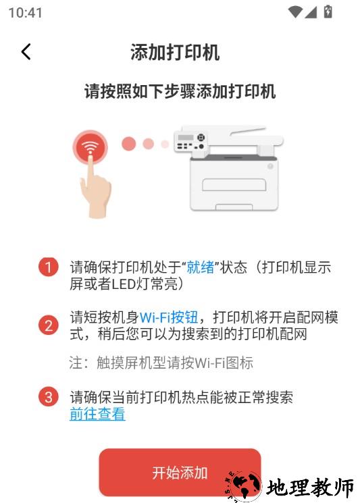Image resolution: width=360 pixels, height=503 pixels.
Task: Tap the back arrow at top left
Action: pyautogui.click(x=26, y=51)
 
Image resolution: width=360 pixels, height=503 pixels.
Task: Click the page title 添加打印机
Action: pyautogui.click(x=175, y=52)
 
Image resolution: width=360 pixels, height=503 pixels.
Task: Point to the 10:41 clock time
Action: pyautogui.click(x=26, y=13)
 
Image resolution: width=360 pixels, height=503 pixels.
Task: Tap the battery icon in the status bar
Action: pyautogui.click(x=328, y=11)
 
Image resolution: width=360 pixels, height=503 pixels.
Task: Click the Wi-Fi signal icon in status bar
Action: pyautogui.click(x=295, y=12)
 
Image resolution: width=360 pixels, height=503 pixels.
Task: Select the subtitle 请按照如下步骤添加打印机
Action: pyautogui.click(x=180, y=91)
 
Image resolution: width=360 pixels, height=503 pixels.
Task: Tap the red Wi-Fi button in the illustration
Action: pyautogui.click(x=90, y=147)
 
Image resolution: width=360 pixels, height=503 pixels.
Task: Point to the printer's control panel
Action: pyautogui.click(x=190, y=142)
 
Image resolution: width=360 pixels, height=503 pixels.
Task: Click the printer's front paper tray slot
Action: pyautogui.click(x=234, y=185)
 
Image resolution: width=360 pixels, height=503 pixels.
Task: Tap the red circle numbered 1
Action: pyautogui.click(x=49, y=267)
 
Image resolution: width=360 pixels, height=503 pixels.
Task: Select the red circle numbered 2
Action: pyautogui.click(x=49, y=325)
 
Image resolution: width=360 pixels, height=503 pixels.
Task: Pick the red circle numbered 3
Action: pyautogui.click(x=49, y=397)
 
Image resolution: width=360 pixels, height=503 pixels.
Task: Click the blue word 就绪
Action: pyautogui.click(x=201, y=267)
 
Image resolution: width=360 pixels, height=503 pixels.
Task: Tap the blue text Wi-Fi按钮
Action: pyautogui.click(x=169, y=317)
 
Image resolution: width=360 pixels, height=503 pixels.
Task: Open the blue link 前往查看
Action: pyautogui.click(x=97, y=413)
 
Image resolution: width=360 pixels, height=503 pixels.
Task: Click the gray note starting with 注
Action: pyautogui.click(x=161, y=363)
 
